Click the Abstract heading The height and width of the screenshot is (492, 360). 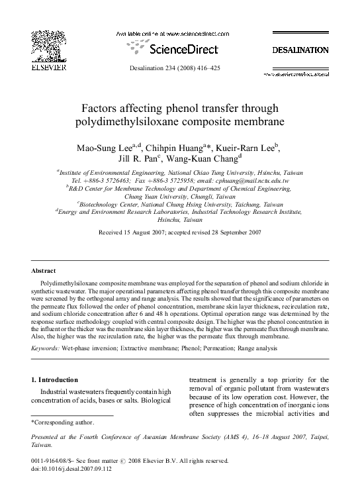pos(44,271)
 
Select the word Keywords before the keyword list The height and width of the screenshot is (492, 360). pos(45,346)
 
